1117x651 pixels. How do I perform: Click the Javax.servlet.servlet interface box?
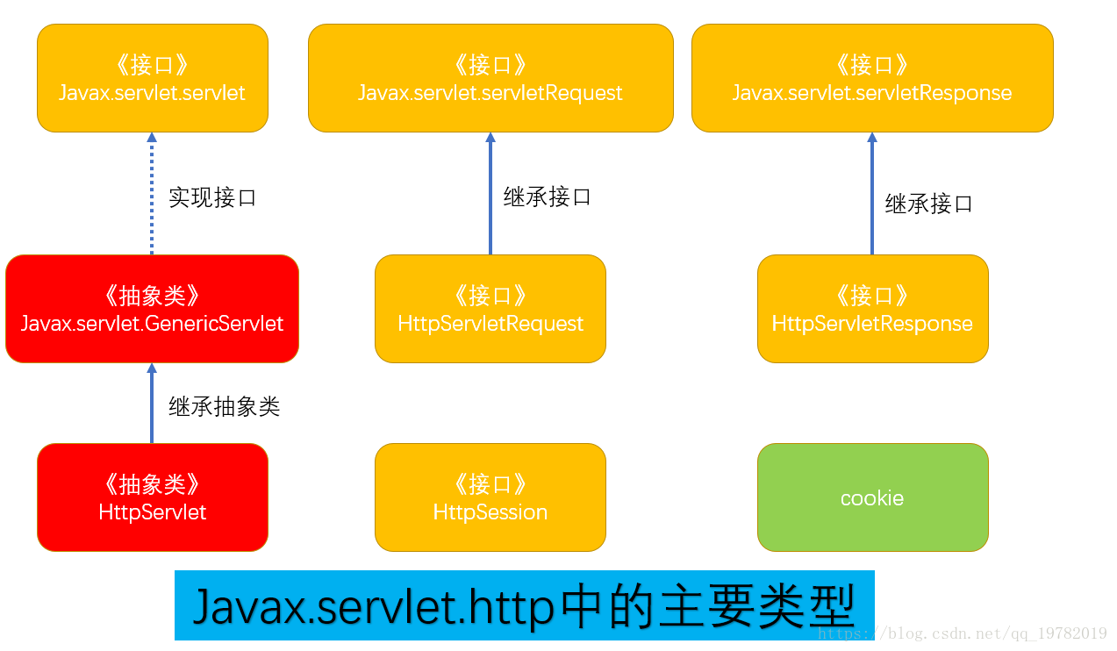(x=152, y=78)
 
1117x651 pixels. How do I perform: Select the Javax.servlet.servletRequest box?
(x=490, y=78)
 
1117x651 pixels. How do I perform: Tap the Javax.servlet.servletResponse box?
(x=872, y=78)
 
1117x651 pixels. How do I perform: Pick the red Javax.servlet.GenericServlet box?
(x=152, y=309)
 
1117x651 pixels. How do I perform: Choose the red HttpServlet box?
(x=152, y=497)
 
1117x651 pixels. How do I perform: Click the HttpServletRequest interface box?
(x=490, y=309)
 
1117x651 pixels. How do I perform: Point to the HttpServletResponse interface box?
(x=872, y=309)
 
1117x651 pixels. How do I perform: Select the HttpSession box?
(x=490, y=497)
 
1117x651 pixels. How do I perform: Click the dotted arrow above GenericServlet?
(x=152, y=194)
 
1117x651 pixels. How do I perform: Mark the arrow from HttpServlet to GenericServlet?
(x=152, y=404)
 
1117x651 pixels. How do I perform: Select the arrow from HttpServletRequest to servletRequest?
(x=490, y=194)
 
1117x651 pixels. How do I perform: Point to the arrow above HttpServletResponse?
(x=872, y=194)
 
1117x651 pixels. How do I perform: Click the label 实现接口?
(x=212, y=197)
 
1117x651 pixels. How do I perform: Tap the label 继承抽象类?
(x=224, y=406)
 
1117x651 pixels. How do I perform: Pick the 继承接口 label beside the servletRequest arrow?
(x=548, y=197)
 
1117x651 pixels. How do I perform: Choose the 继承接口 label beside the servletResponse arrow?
(x=929, y=204)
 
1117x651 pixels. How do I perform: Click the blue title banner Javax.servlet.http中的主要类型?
(x=524, y=605)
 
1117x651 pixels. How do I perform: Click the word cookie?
(x=872, y=498)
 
